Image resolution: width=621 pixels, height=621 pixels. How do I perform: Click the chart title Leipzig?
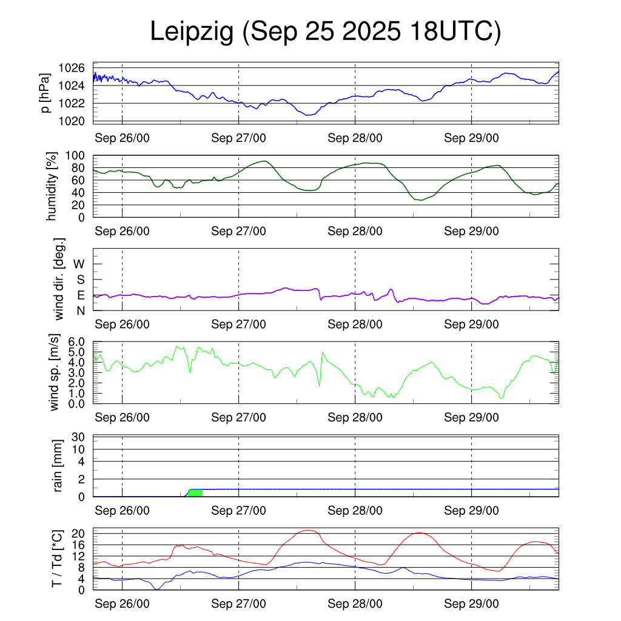192,32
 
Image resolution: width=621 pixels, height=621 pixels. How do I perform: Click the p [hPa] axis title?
45,93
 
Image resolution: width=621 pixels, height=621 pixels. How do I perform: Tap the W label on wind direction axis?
79,264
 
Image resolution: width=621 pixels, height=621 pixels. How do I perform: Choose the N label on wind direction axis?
80,310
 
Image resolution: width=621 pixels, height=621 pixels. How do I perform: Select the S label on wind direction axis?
80,280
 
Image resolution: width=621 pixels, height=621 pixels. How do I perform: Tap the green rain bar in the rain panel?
195,492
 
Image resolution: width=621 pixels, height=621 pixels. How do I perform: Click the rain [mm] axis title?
58,466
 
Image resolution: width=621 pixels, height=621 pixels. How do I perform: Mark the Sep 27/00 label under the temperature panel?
238,604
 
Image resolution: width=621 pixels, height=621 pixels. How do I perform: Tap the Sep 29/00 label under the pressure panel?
471,138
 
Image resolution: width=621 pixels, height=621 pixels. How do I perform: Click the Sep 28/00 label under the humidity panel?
355,231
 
